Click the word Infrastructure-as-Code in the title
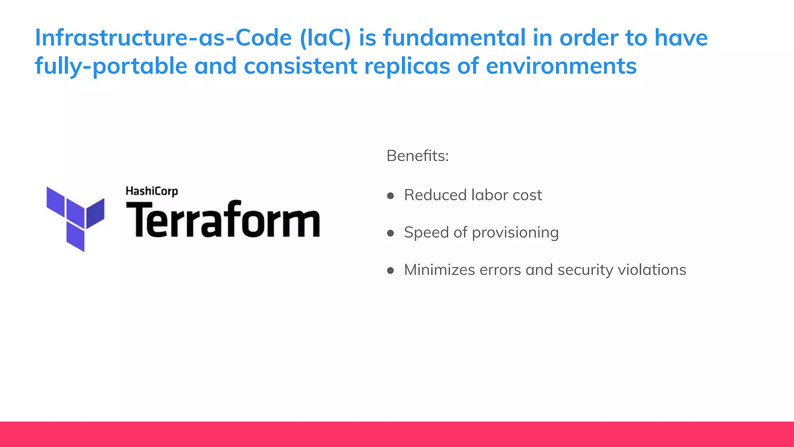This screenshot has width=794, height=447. (x=163, y=38)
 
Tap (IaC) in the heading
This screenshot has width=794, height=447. (x=325, y=38)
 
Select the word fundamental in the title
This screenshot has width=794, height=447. (x=454, y=38)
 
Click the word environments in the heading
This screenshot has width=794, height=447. (x=561, y=66)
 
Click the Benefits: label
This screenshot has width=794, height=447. (x=417, y=156)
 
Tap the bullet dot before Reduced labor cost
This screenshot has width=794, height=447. (x=390, y=196)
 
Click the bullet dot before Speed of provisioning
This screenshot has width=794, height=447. (x=390, y=233)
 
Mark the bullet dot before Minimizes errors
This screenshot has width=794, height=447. (x=390, y=270)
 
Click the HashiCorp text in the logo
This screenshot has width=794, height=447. (x=152, y=191)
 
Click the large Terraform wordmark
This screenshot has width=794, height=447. (x=223, y=220)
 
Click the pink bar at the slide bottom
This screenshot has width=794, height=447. (x=397, y=434)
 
